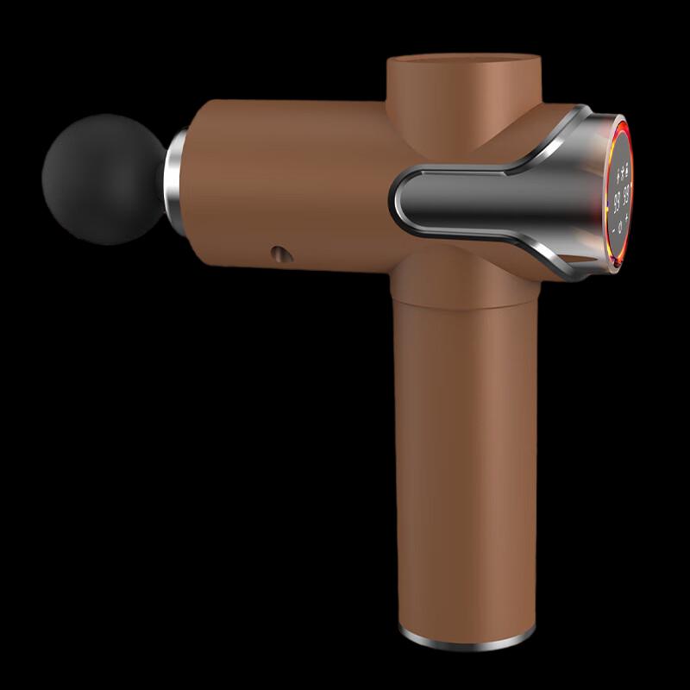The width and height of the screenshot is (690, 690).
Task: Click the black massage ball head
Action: coord(102,179)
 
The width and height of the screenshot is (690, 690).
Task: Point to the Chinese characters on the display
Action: coord(618,171)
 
